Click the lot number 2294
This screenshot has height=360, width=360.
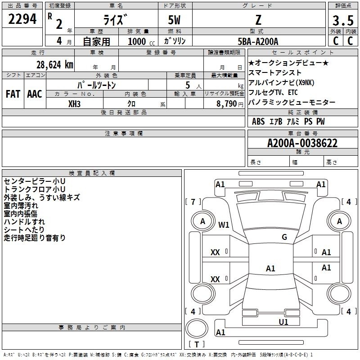pyautogui.click(x=22, y=19)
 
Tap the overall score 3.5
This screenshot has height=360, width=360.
pyautogui.click(x=343, y=20)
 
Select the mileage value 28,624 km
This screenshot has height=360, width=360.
pyautogui.click(x=54, y=65)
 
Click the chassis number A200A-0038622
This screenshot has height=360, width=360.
pyautogui.click(x=302, y=143)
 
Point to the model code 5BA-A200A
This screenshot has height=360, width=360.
pyautogui.click(x=258, y=41)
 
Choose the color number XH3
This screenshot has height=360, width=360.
pyautogui.click(x=74, y=104)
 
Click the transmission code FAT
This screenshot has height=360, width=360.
pyautogui.click(x=13, y=94)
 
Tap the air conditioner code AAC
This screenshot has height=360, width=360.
pyautogui.click(x=35, y=94)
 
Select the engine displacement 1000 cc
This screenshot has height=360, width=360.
pyautogui.click(x=141, y=41)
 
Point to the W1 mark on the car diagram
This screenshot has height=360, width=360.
pyautogui.click(x=224, y=225)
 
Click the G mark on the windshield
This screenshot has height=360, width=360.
pyautogui.click(x=284, y=237)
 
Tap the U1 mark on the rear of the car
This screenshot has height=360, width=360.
pyautogui.click(x=283, y=322)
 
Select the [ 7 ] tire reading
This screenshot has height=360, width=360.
pyautogui.click(x=193, y=202)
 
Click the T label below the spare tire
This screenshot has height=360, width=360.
pyautogui.click(x=197, y=344)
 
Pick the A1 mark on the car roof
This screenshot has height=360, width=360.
pyautogui.click(x=270, y=268)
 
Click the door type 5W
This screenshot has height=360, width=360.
pyautogui.click(x=174, y=20)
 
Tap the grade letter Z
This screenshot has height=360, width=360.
pyautogui.click(x=258, y=20)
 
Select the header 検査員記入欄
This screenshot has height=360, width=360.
pyautogui.click(x=92, y=173)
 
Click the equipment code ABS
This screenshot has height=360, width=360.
pyautogui.click(x=258, y=121)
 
